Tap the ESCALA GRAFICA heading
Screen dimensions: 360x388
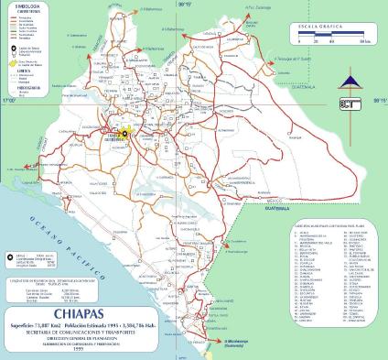coord(324,29)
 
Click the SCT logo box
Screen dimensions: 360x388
coord(350,104)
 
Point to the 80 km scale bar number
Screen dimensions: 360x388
coord(363,42)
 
